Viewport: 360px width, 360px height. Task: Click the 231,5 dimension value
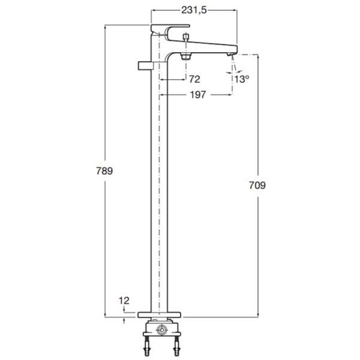(x=194, y=10)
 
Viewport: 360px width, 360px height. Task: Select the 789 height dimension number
(x=104, y=171)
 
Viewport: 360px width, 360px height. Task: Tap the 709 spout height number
(x=257, y=185)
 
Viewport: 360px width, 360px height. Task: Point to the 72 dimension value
(x=195, y=80)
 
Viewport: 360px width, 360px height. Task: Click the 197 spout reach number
(x=198, y=94)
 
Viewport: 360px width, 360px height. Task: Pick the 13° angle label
(x=242, y=80)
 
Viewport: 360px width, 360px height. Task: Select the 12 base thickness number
(x=124, y=301)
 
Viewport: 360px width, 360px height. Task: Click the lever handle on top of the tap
(x=171, y=29)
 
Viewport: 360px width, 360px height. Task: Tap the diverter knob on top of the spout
(x=186, y=37)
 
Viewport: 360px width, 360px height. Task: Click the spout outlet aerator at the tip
(x=230, y=54)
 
